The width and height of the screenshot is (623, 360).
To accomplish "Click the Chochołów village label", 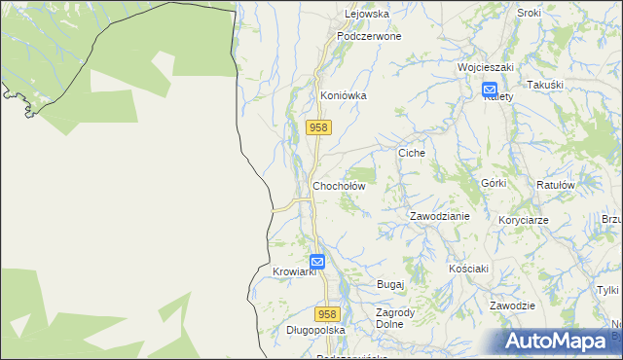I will coord(339,185).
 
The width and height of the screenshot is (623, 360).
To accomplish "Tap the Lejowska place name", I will coord(367,15).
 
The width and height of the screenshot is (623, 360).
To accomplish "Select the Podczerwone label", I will coord(369,36).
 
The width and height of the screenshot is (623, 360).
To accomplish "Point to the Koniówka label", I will coord(343,96).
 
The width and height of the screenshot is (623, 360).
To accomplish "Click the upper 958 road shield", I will coord(318,127).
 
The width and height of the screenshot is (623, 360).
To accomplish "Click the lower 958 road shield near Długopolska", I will coord(327,313).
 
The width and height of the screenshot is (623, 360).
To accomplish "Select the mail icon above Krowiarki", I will coord(317,261).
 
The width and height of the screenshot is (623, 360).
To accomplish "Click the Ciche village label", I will coord(413,154).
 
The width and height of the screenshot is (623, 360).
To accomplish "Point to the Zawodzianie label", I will coord(440,216).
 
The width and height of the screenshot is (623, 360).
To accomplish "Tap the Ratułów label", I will coord(556,185).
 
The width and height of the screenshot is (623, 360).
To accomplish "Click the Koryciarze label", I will coord(524,220).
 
